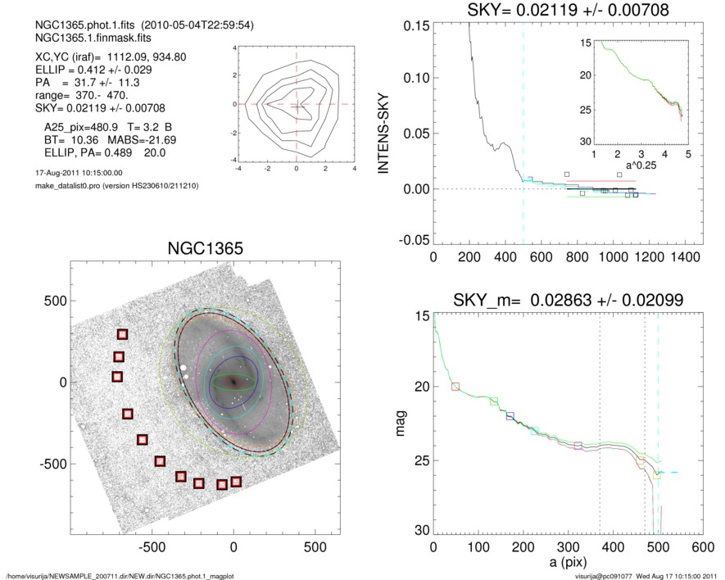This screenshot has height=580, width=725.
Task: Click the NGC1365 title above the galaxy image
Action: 204,249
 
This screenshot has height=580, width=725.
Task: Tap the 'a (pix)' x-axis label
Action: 567,565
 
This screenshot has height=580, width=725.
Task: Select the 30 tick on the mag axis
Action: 421,531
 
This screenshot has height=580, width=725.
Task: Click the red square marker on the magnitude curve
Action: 455,386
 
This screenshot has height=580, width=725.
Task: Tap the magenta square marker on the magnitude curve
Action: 578,446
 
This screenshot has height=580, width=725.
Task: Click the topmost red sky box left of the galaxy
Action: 123,334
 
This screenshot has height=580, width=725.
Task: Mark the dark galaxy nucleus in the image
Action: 234,383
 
